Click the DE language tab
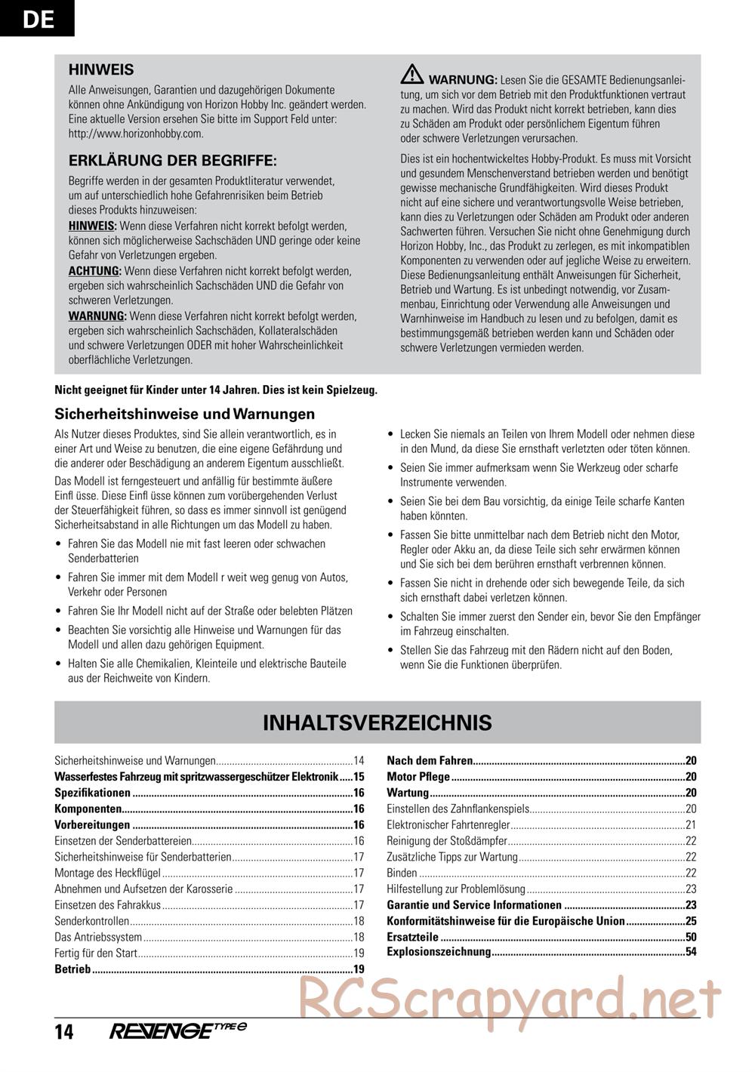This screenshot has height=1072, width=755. (37, 17)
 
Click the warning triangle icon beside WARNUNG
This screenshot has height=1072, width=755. (412, 74)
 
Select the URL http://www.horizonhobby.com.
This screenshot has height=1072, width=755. (136, 134)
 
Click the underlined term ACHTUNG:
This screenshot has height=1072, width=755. (94, 271)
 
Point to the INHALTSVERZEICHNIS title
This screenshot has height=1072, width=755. (377, 722)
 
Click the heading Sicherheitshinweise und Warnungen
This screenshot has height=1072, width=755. (185, 414)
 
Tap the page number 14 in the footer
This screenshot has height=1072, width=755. (64, 1031)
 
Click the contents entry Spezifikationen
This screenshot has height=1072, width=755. (93, 793)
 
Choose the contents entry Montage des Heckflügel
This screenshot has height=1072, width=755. (108, 873)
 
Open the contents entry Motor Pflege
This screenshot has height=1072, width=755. (418, 777)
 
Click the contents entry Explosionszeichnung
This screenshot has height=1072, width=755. (439, 952)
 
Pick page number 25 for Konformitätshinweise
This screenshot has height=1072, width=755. (690, 920)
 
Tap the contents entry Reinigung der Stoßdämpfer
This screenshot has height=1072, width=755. (448, 841)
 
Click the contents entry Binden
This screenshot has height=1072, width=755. (402, 873)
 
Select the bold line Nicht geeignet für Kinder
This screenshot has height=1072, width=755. (216, 390)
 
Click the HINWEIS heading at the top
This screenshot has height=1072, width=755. (101, 69)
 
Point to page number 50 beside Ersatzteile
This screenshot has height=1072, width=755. (690, 937)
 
